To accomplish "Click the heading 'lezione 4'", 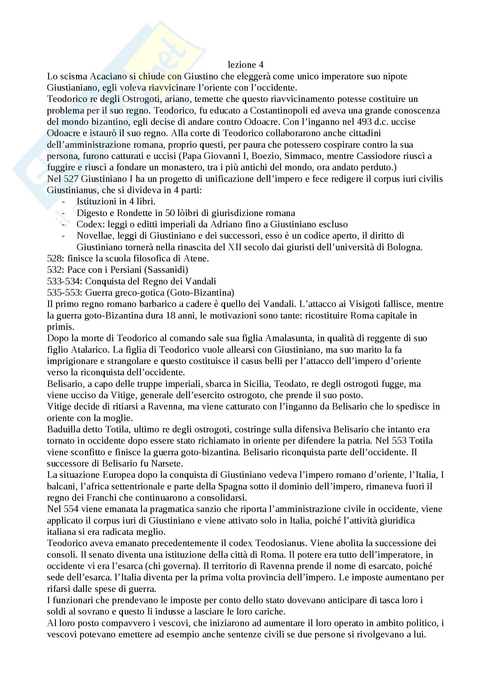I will [x=245, y=64].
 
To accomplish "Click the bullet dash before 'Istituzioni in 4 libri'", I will [x=63, y=201].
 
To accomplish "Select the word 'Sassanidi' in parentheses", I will [x=168, y=270].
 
